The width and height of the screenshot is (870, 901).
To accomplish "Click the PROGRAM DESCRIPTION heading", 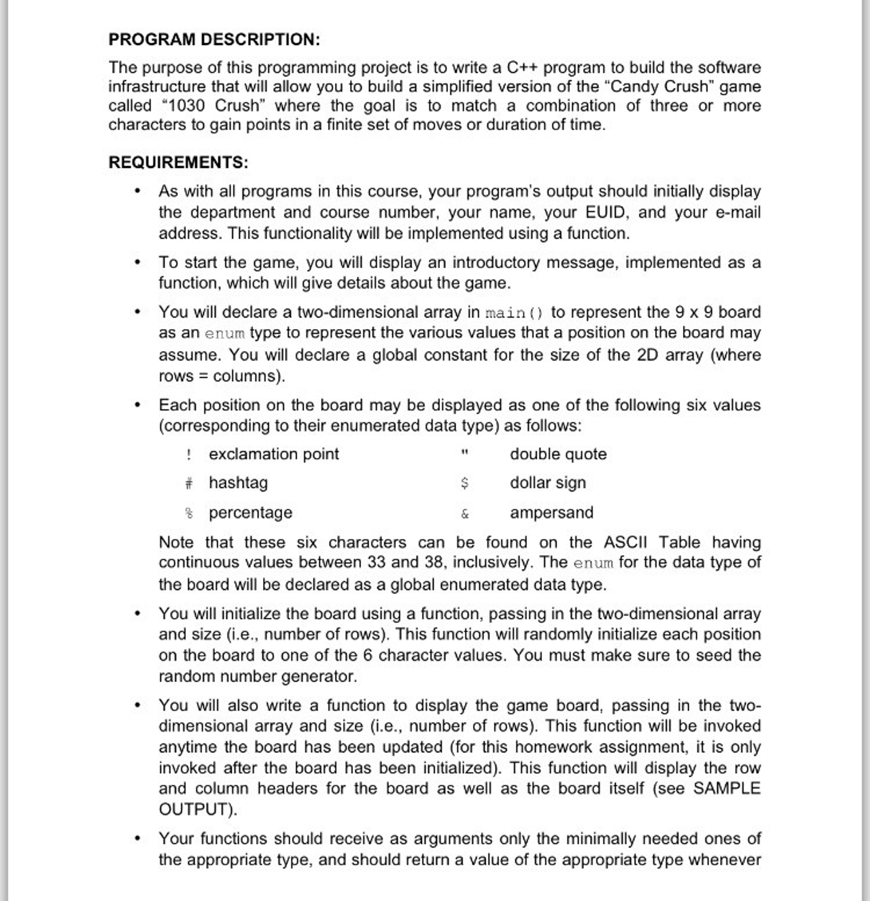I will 214,40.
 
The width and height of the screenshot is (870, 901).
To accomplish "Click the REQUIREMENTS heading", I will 178,162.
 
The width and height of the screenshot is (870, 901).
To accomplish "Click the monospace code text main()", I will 515,313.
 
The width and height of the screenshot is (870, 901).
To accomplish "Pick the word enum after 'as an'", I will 224,333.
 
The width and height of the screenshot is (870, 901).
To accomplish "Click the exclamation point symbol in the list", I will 189,454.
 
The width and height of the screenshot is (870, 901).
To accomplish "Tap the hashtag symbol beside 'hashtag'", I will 189,483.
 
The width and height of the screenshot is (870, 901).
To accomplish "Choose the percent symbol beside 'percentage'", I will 189,513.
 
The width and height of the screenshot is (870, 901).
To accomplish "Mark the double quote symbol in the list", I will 464,453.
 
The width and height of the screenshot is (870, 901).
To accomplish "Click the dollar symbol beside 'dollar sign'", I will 464,483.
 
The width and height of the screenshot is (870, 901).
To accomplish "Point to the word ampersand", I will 552,513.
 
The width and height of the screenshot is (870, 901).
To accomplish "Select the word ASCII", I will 625,543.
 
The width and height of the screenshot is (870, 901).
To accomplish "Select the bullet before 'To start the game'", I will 137,262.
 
